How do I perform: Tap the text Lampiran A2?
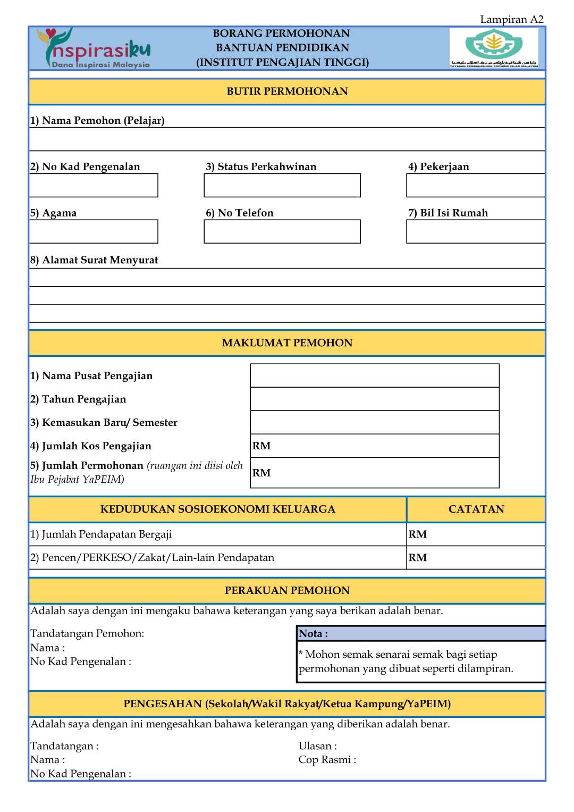(511, 20)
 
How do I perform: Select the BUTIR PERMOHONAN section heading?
(287, 91)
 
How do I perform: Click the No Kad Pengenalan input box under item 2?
(94, 186)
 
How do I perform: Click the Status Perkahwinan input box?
(282, 186)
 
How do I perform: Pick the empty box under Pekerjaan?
(475, 186)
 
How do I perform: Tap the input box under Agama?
(94, 232)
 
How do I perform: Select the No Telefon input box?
(282, 232)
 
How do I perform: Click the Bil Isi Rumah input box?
(475, 232)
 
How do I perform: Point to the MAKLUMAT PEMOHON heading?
(287, 343)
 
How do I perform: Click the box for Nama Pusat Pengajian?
(374, 375)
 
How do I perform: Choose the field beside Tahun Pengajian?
(374, 399)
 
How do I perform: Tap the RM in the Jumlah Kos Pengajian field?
(261, 446)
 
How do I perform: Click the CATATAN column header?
(476, 509)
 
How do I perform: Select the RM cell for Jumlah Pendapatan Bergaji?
(418, 534)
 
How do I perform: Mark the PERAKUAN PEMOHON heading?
(287, 591)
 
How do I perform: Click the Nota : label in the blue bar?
(313, 634)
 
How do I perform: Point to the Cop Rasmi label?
(327, 760)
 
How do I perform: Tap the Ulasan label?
(317, 746)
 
